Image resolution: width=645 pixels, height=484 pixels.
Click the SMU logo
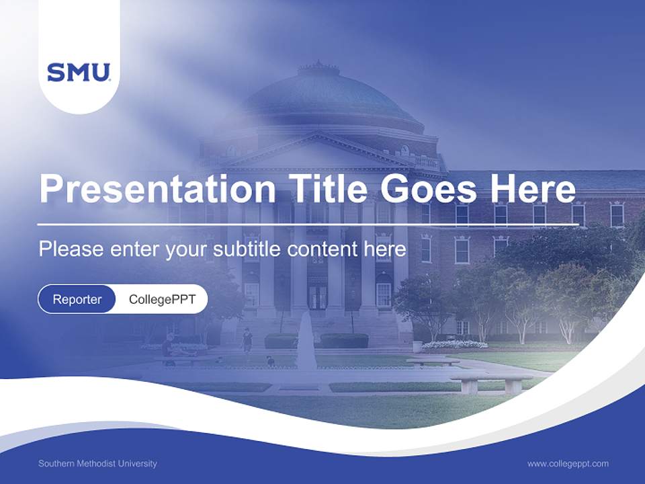(x=79, y=72)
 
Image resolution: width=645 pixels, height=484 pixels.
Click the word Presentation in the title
(x=157, y=188)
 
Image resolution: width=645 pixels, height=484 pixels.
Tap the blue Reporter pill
(x=77, y=299)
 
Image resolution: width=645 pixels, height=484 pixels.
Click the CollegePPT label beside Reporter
(x=162, y=299)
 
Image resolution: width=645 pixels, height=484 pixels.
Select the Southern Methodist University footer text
(x=97, y=464)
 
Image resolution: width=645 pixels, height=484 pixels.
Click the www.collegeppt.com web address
(x=568, y=464)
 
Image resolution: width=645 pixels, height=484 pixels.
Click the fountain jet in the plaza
(x=306, y=339)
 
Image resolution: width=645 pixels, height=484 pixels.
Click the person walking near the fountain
(x=247, y=340)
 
